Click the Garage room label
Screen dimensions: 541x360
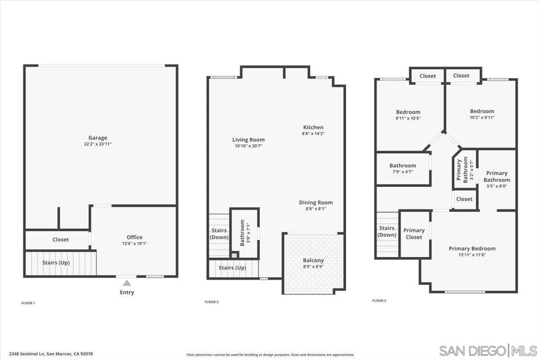pyautogui.click(x=98, y=138)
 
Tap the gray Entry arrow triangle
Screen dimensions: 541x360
pyautogui.click(x=127, y=283)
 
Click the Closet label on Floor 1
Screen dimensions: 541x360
pyautogui.click(x=61, y=239)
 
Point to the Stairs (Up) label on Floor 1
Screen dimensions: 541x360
pyautogui.click(x=56, y=263)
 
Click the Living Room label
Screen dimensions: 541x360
pyautogui.click(x=248, y=140)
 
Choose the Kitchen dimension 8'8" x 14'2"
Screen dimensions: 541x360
pyautogui.click(x=313, y=134)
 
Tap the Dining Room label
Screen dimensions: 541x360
pyautogui.click(x=316, y=202)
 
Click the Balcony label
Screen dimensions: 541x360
pyautogui.click(x=313, y=261)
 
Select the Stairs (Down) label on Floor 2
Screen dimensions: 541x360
pyautogui.click(x=219, y=234)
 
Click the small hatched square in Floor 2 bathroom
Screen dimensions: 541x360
pyautogui.click(x=235, y=255)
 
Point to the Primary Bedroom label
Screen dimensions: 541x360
pyautogui.click(x=472, y=249)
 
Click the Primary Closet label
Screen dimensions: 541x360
pyautogui.click(x=414, y=234)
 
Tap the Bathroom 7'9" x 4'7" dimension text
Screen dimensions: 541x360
pyautogui.click(x=403, y=172)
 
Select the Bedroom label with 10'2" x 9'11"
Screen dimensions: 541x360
pyautogui.click(x=482, y=111)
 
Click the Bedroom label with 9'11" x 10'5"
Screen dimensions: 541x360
pyautogui.click(x=408, y=112)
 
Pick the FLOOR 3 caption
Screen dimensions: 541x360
pyautogui.click(x=379, y=301)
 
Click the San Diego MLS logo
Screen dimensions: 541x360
pyautogui.click(x=488, y=350)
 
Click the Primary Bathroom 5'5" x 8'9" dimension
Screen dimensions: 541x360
pyautogui.click(x=497, y=186)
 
